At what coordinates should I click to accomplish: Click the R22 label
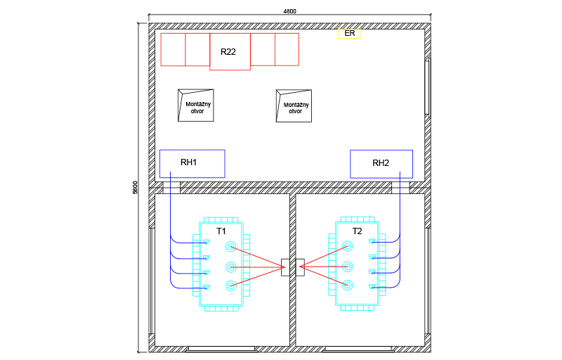[228, 52]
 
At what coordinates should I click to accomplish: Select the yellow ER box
[349, 33]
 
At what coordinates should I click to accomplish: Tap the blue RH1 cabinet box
[192, 163]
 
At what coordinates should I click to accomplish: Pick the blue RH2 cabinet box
[381, 164]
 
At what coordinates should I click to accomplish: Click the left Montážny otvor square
[196, 105]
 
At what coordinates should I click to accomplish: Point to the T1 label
[221, 231]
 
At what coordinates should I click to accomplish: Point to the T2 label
[358, 231]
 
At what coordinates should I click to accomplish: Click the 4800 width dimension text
[289, 11]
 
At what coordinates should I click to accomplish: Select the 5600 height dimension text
[135, 188]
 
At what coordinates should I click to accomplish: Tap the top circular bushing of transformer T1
[230, 246]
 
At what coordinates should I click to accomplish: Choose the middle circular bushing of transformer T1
[230, 266]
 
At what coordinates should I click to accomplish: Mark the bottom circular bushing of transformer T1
[230, 285]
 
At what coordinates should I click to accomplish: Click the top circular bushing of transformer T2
[347, 246]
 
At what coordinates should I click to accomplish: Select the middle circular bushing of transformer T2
[347, 266]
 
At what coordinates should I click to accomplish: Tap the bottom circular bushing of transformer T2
[347, 285]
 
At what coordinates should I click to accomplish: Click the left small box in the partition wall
[285, 267]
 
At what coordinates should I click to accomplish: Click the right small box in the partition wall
[300, 267]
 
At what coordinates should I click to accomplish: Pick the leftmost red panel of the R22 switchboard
[173, 49]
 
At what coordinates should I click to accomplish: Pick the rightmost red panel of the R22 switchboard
[287, 49]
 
